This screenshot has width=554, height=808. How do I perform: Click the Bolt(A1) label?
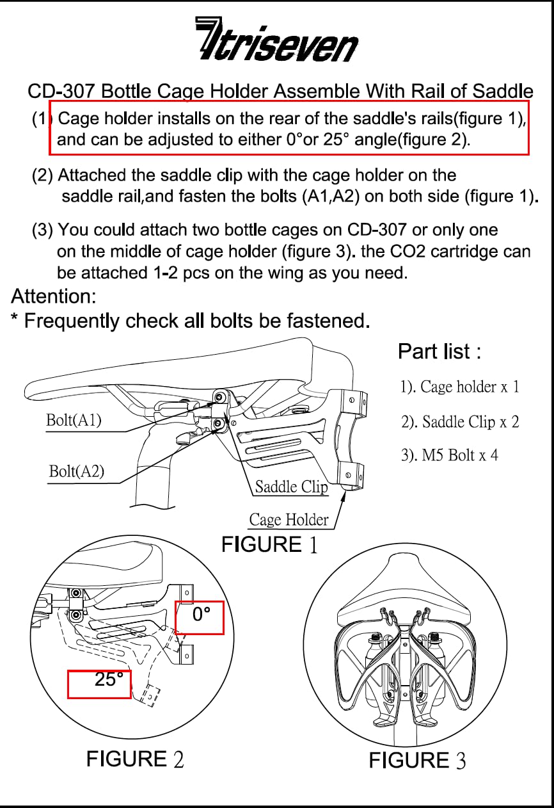tap(74, 421)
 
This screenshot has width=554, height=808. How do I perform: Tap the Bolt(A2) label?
tap(76, 472)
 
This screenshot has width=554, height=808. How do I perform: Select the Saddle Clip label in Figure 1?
tap(291, 487)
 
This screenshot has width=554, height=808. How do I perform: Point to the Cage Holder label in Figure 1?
tap(289, 520)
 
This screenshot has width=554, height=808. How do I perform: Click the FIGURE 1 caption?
tap(269, 545)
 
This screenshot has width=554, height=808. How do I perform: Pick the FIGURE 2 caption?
tap(135, 759)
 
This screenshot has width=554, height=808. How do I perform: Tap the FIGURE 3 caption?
tap(417, 761)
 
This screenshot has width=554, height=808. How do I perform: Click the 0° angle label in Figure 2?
tap(202, 615)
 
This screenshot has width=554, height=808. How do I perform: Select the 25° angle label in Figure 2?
tap(109, 680)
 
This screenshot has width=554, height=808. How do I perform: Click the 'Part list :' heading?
tap(439, 351)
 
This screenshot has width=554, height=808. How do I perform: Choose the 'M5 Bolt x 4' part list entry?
tap(449, 456)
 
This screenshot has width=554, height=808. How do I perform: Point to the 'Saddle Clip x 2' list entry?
tap(459, 422)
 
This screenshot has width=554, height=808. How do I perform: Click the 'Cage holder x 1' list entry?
tap(459, 387)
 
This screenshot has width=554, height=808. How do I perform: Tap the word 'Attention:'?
tap(54, 296)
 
